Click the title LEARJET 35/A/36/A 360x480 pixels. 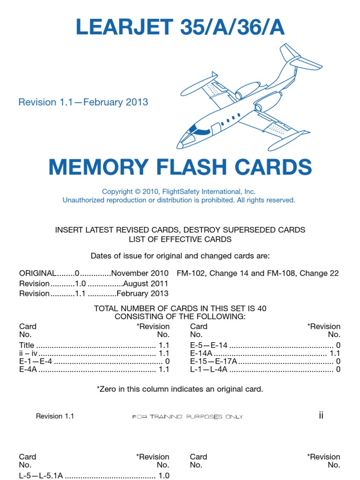180,28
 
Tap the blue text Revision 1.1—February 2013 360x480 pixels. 83,102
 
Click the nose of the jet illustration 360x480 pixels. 181,143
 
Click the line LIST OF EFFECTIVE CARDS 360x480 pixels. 180,239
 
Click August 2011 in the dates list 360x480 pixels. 145,284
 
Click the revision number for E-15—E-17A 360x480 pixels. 338,361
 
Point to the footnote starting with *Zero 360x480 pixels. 180,389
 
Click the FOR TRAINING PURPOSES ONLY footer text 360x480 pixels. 187,417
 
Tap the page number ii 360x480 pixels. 321,415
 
